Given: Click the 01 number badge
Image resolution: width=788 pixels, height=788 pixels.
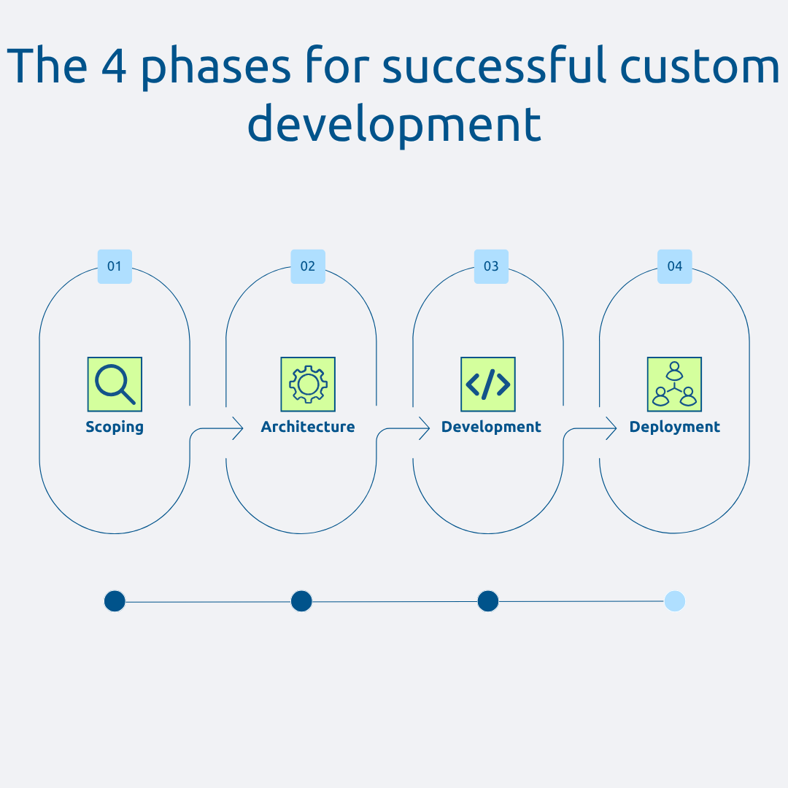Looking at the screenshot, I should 115,266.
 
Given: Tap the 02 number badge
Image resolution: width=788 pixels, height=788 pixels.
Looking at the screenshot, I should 308,266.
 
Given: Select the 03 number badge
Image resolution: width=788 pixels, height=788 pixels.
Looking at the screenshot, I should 491,266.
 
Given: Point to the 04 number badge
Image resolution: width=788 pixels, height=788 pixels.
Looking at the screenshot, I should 675,266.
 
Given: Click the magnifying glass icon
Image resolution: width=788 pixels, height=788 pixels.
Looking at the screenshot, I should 115,385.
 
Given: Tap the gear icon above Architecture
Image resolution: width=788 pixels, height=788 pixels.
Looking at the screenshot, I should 308,385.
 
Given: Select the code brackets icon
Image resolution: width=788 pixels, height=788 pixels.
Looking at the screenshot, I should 488,385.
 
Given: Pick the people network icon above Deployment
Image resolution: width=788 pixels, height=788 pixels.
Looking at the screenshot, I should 674,385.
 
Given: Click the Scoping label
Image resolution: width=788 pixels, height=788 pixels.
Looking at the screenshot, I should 115,427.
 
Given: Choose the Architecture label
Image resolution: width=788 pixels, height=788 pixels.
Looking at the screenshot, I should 308,427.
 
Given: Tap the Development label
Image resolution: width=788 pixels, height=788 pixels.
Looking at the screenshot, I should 491,427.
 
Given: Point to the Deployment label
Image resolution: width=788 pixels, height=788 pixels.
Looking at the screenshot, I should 675,427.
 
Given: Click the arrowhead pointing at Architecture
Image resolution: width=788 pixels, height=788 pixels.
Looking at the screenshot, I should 238,428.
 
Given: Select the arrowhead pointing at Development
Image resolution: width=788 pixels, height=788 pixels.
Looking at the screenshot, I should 425,428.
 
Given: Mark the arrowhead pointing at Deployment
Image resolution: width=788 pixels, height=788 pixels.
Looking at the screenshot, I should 611,428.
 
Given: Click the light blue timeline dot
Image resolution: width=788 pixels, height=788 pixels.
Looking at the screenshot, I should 675,601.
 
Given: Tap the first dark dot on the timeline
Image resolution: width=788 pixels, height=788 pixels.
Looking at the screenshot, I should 115,601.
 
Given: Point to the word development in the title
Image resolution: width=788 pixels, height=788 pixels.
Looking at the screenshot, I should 394,124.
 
